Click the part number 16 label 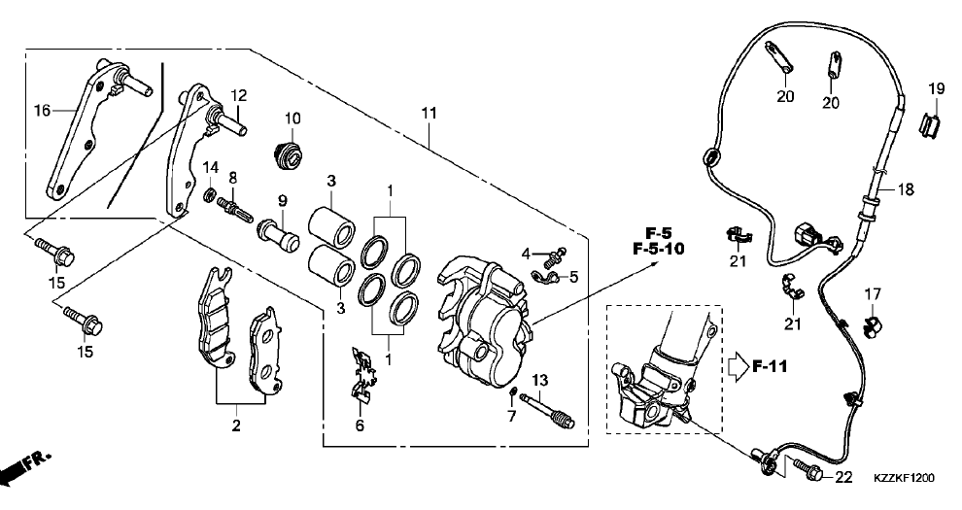[x=41, y=111]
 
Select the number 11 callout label [x=429, y=114]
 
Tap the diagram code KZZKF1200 [x=904, y=478]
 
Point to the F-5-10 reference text [x=658, y=250]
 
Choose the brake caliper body [x=486, y=311]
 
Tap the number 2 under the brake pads [x=235, y=425]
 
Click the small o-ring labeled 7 [x=512, y=392]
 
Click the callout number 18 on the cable [x=906, y=190]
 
